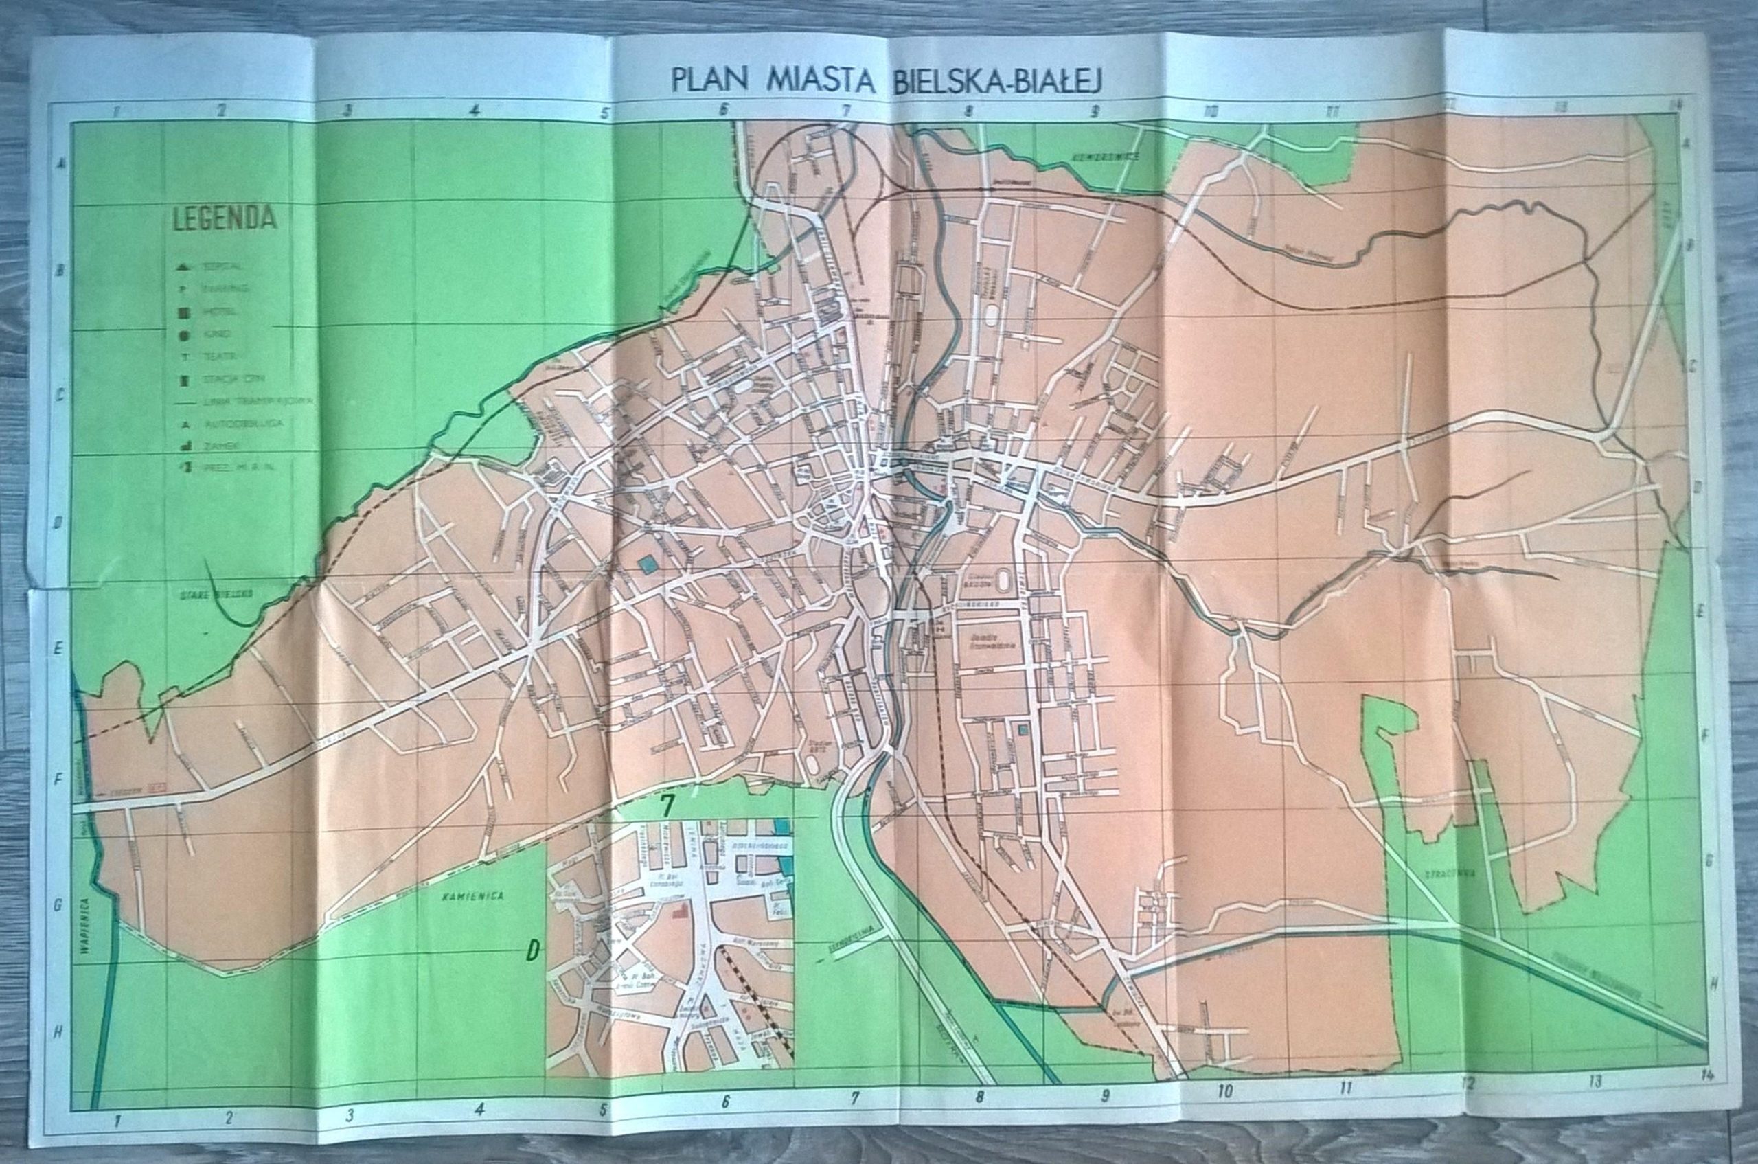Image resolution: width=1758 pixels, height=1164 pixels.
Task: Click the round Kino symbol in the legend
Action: (x=183, y=335)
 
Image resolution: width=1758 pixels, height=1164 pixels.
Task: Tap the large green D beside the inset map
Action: (x=532, y=952)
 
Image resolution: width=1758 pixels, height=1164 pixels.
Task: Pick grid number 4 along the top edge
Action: (x=475, y=112)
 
